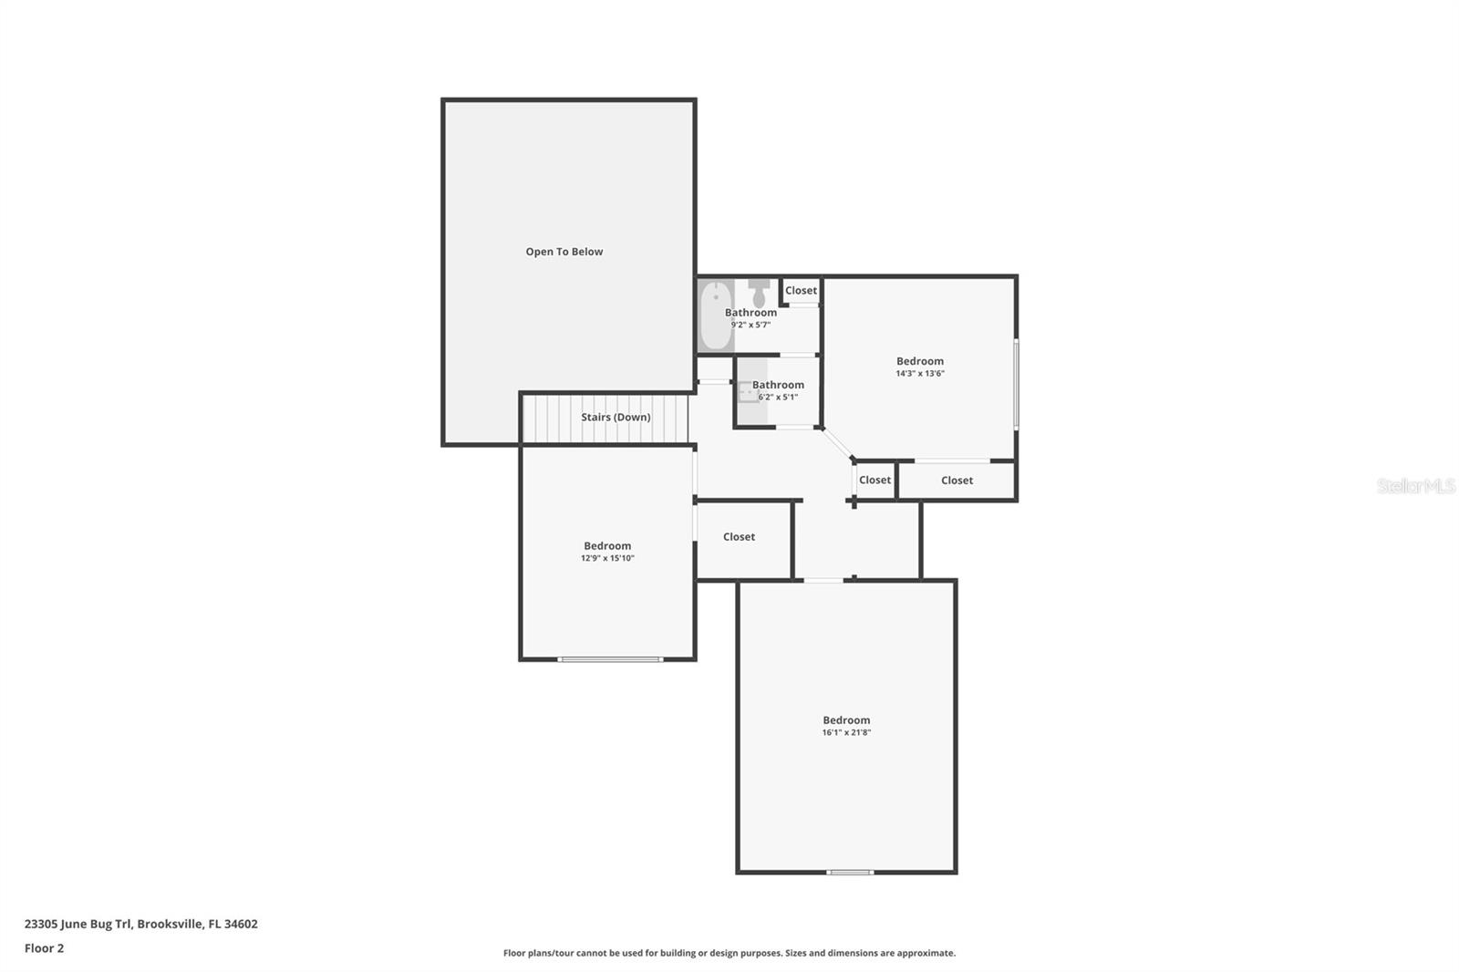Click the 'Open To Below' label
(x=564, y=252)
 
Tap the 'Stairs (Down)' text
(x=616, y=417)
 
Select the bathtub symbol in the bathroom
(x=717, y=315)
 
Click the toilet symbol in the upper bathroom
(x=759, y=293)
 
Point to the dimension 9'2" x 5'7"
(x=750, y=325)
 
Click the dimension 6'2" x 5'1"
(x=778, y=397)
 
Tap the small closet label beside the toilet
(x=801, y=291)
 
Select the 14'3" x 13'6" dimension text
(x=919, y=373)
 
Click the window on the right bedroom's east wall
(x=1016, y=384)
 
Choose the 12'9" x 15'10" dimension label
(x=607, y=558)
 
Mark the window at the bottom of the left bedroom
(x=610, y=658)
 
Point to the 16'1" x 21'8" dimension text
(x=846, y=732)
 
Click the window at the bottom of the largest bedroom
(x=850, y=873)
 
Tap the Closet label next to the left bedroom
(x=739, y=537)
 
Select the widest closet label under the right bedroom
(x=957, y=481)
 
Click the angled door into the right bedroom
(x=836, y=443)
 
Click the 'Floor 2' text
(x=44, y=948)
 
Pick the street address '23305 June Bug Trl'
(x=78, y=924)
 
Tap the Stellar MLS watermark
(x=1415, y=486)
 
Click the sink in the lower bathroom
(x=750, y=392)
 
